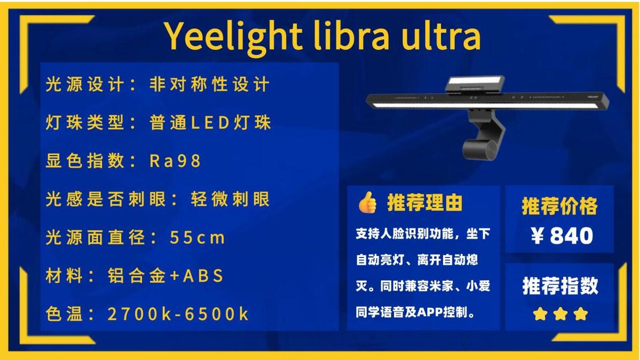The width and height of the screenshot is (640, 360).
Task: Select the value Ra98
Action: [175, 160]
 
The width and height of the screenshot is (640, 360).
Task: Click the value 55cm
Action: [197, 237]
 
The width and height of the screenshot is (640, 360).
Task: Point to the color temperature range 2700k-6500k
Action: [178, 314]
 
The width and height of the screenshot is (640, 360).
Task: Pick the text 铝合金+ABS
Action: [165, 276]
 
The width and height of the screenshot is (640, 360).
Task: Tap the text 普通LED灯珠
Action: [210, 122]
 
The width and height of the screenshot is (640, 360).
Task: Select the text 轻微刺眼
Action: [230, 199]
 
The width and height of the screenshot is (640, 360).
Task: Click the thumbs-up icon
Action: [367, 202]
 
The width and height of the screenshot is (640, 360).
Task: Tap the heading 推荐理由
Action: [425, 203]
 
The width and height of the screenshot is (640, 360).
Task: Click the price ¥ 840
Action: [562, 236]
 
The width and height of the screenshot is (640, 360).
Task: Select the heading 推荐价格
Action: [559, 206]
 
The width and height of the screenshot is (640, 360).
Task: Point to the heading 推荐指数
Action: [561, 285]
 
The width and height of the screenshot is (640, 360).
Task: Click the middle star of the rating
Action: [561, 314]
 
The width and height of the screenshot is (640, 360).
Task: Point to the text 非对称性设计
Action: [209, 84]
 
